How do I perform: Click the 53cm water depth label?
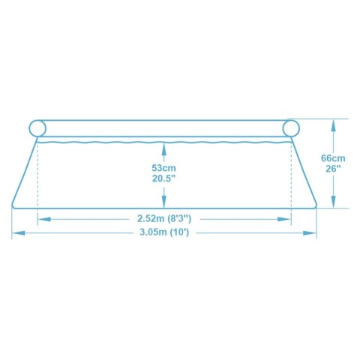pyautogui.click(x=163, y=168)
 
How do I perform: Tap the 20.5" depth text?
pyautogui.click(x=163, y=180)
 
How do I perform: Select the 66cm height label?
pyautogui.click(x=333, y=157)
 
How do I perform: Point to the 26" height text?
pyautogui.click(x=333, y=169)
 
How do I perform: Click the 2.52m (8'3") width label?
pyautogui.click(x=163, y=219)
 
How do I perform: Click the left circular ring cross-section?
pyautogui.click(x=37, y=127)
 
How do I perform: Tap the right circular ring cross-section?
pyautogui.click(x=290, y=127)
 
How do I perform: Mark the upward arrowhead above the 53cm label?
pyautogui.click(x=163, y=145)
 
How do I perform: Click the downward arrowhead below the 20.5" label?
pyautogui.click(x=163, y=200)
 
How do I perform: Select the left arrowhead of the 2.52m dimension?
pyautogui.click(x=42, y=219)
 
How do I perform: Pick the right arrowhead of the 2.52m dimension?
pyautogui.click(x=286, y=219)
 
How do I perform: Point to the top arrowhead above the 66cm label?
pyautogui.click(x=333, y=122)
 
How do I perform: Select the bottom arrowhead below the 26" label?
pyautogui.click(x=333, y=203)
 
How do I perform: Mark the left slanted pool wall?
pyautogui.click(x=24, y=172)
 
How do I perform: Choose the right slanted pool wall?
pyautogui.click(x=303, y=172)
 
